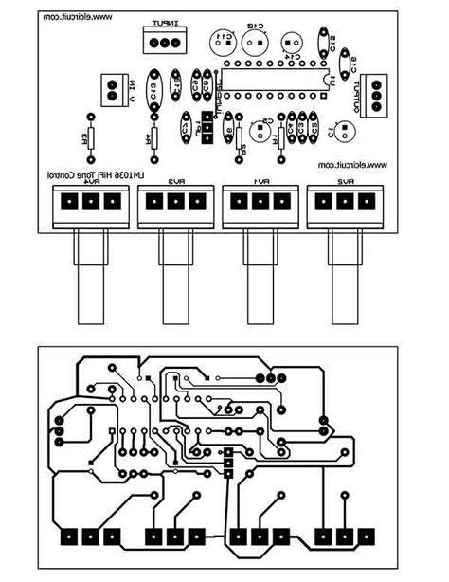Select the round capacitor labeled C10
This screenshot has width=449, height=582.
[254, 40]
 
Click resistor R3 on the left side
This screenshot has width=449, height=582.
[91, 138]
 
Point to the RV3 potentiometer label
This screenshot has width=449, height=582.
[175, 181]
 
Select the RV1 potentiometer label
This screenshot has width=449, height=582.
[262, 181]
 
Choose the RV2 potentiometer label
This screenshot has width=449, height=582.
[346, 181]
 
